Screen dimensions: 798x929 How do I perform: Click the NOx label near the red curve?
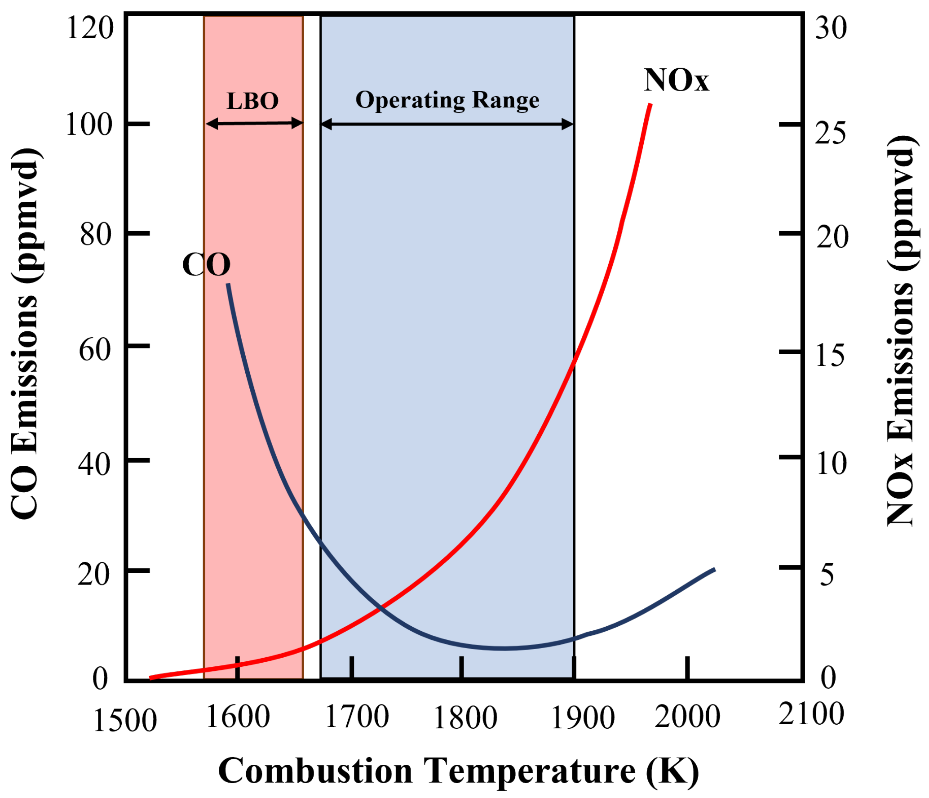pyautogui.click(x=676, y=81)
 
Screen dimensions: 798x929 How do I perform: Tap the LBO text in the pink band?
pyautogui.click(x=252, y=101)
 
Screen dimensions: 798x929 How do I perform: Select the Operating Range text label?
pyautogui.click(x=447, y=100)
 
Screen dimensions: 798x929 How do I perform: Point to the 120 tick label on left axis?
pyautogui.click(x=89, y=28)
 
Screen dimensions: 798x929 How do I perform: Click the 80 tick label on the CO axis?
pyautogui.click(x=95, y=234)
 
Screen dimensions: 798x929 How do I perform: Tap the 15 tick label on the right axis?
pyautogui.click(x=830, y=355)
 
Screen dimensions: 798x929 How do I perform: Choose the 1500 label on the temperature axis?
pyautogui.click(x=124, y=721)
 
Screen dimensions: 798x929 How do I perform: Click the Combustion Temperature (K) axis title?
pyautogui.click(x=458, y=771)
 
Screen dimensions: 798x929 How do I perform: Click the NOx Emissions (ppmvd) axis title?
pyautogui.click(x=901, y=330)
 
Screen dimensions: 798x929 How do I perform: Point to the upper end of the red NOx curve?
pyautogui.click(x=650, y=105)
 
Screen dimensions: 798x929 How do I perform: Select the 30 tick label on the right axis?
pyautogui.click(x=831, y=28)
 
